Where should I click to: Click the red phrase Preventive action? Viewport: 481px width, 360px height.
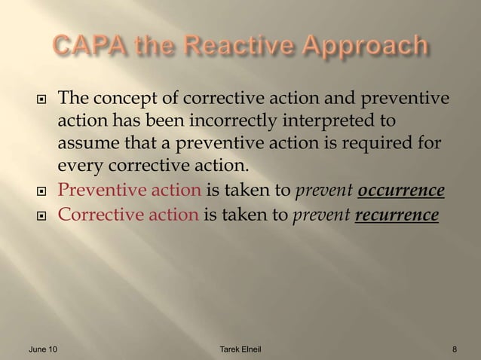click(130, 188)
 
